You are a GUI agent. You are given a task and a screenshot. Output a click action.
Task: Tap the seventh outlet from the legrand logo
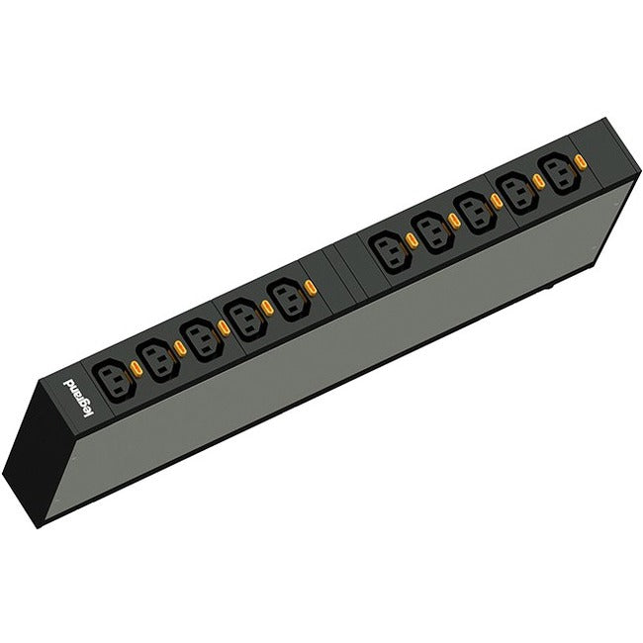435,232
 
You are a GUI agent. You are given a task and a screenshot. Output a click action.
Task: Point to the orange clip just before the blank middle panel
310,287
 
